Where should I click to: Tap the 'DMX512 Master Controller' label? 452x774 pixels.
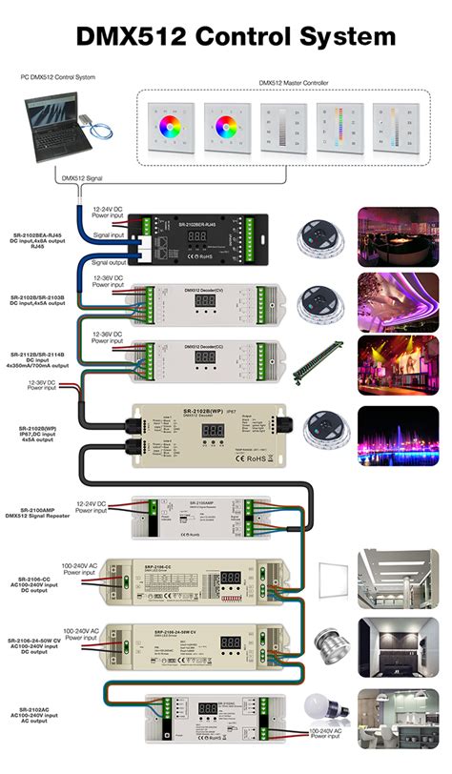[293, 83]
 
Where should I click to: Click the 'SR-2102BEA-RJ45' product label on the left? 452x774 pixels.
[36, 234]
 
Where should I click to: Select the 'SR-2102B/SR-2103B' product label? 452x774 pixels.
[37, 297]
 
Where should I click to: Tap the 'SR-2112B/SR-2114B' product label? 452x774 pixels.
[37, 352]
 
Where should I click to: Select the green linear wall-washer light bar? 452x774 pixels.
[319, 359]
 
